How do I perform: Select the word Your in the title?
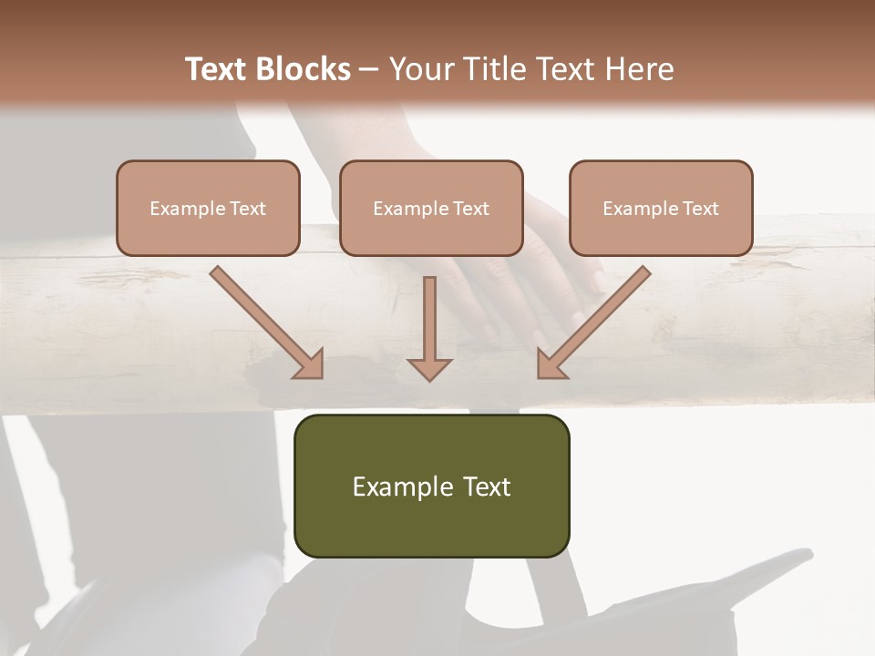click(422, 69)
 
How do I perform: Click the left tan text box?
click(208, 208)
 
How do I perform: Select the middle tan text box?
click(431, 208)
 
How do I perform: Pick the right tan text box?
click(661, 208)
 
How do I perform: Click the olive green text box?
click(431, 486)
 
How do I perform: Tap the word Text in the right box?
click(701, 209)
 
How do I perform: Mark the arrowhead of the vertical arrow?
click(429, 368)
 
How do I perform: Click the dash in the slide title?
click(369, 69)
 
